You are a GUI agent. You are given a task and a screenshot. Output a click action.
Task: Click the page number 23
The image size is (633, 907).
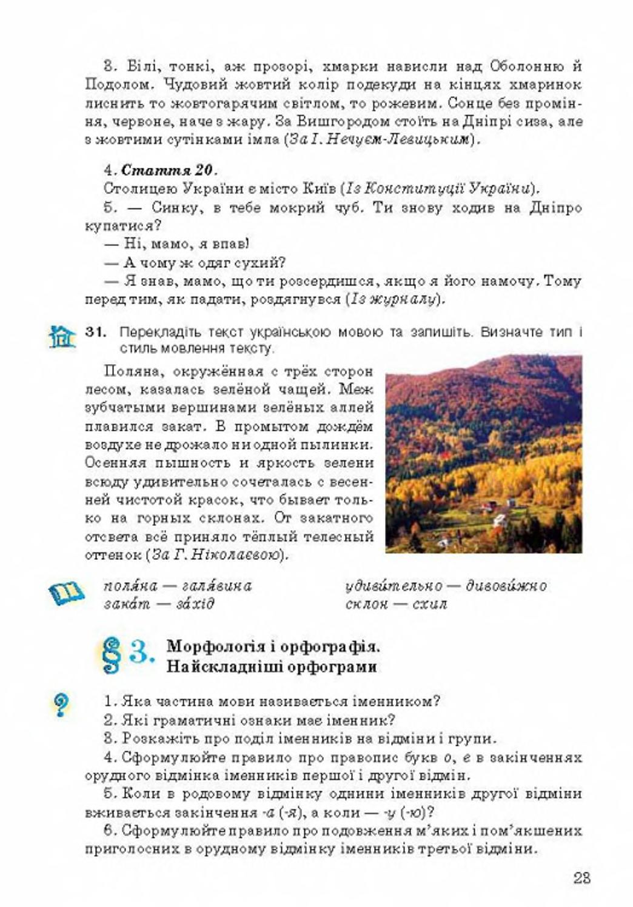tap(581, 877)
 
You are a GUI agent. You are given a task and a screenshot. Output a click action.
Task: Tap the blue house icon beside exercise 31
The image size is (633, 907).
tap(62, 337)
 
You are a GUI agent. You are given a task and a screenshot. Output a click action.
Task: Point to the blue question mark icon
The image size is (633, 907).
tap(61, 705)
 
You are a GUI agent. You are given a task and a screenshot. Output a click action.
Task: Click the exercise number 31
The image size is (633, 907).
tap(96, 331)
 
